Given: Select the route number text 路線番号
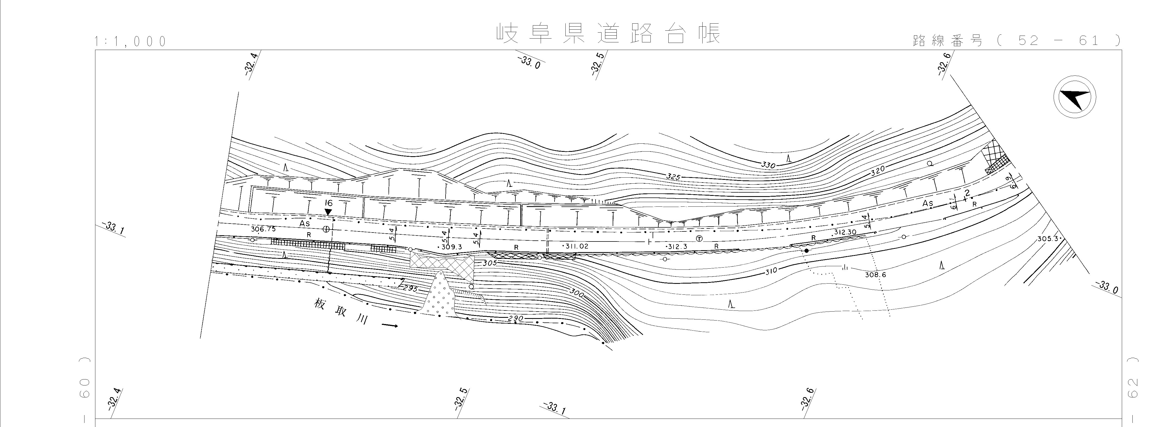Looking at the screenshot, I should click(947, 41).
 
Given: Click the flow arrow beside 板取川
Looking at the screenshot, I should click(390, 325).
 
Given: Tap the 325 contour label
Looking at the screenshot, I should click(673, 176).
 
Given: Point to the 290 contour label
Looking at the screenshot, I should click(516, 319).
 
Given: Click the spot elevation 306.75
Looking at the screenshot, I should click(263, 229).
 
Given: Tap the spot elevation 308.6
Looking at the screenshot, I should click(875, 275).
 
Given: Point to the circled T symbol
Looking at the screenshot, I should click(699, 239).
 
